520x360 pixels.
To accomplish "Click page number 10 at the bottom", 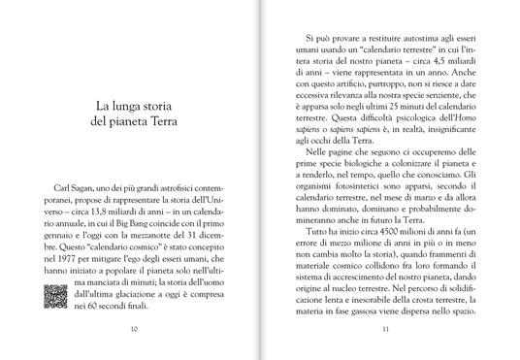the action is pyautogui.click(x=132, y=327).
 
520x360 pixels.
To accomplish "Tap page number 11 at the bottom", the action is pyautogui.click(x=385, y=327).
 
